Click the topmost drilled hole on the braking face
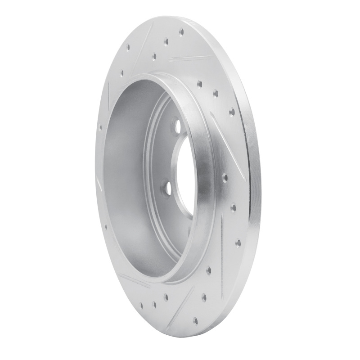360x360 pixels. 181,32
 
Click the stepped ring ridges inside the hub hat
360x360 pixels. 155,148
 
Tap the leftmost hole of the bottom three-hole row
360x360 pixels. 143,306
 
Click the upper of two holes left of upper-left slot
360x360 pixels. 128,46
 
